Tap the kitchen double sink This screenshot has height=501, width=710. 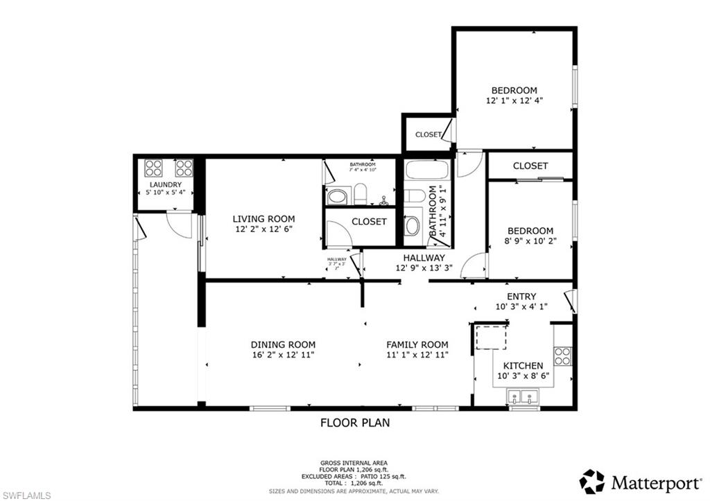(523, 398)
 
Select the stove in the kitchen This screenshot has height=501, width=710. (563, 356)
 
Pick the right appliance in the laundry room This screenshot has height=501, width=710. (184, 168)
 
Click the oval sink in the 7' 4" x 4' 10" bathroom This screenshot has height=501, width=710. (338, 197)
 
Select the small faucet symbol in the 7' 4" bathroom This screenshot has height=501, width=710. (383, 201)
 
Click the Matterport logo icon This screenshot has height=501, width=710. (592, 481)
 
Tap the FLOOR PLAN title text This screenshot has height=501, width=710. (354, 422)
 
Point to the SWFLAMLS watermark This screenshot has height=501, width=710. (26, 494)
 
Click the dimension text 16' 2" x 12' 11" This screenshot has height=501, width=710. (283, 355)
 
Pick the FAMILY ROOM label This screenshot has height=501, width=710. (417, 344)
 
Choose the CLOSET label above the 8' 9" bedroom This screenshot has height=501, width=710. (530, 166)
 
